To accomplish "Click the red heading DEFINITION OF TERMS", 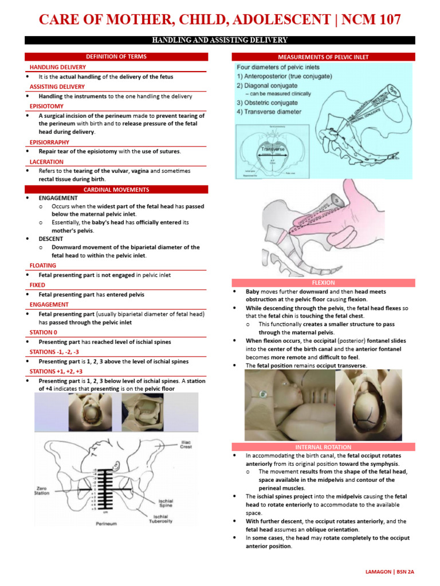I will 116,57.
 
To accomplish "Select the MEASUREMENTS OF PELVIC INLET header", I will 323,57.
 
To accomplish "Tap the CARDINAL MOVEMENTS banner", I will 116,189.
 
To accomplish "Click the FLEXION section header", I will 323,283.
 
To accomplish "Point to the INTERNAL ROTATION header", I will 323,446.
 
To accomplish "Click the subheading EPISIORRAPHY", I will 50,142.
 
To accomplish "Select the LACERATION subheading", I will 47,161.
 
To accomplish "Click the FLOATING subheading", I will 43,266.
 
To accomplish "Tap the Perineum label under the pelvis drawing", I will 107,524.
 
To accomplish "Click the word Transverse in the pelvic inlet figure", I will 273,148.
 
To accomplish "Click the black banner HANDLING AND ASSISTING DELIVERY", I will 219,40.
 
